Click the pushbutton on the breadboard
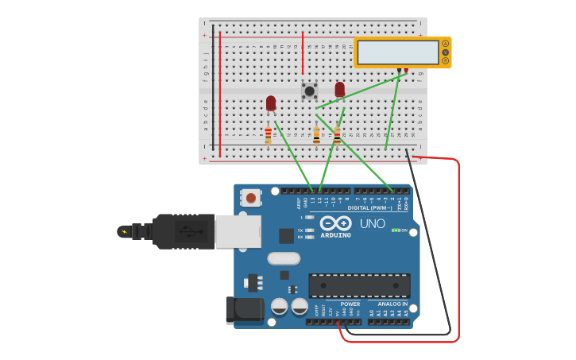[309, 91]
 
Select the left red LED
[271, 103]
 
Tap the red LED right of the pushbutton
[340, 89]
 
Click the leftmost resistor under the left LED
[268, 136]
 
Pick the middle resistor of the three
[316, 137]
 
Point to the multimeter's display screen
[398, 52]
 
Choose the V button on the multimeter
[446, 52]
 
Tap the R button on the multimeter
[446, 60]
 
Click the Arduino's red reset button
[251, 197]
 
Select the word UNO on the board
[372, 223]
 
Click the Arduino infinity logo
[336, 223]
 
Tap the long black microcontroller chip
[359, 285]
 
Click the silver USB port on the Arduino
[238, 230]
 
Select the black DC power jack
[244, 310]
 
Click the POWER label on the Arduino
[350, 304]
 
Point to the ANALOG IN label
[393, 304]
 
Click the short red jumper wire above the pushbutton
[303, 53]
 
